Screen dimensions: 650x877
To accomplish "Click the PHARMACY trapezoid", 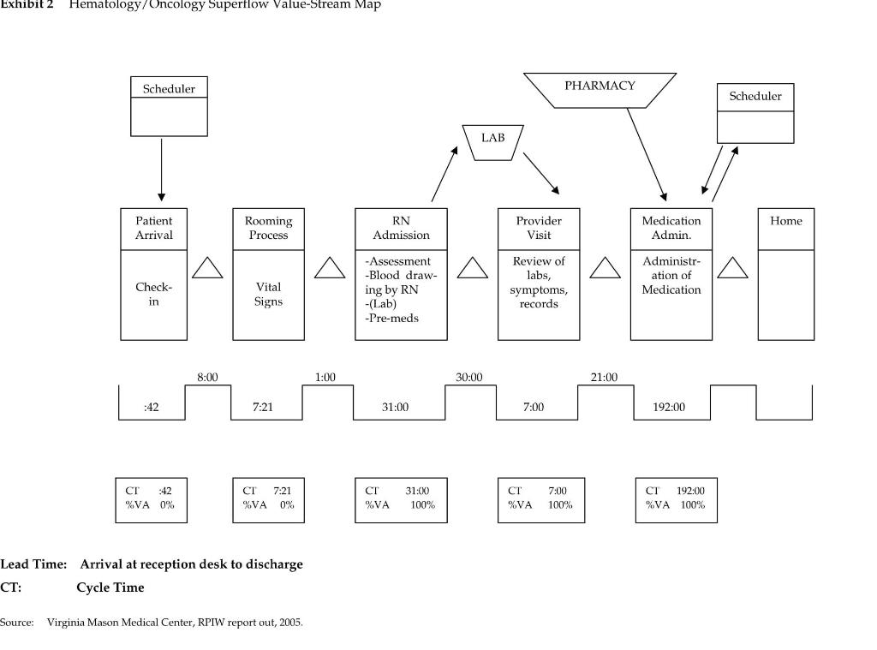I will point(600,89).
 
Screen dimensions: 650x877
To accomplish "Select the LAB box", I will point(492,140).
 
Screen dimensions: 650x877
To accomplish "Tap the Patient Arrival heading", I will point(154,228).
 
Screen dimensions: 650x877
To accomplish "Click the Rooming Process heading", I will point(268,228).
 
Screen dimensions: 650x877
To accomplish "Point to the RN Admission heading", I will point(401,228).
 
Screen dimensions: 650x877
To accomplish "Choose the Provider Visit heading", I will point(539,228).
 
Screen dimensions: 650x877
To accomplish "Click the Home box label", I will point(785,221).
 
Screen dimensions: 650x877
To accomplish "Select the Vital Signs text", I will point(268,294).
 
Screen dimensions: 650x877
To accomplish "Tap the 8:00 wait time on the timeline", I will point(207,377).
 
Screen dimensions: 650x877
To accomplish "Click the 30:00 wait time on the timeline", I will point(468,377).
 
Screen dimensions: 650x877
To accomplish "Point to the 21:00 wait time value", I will point(604,377).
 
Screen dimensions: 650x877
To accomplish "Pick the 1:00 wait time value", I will point(325,377).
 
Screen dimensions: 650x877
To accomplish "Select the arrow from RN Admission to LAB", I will point(445,174).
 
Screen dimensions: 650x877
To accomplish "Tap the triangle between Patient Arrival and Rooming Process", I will point(207,268).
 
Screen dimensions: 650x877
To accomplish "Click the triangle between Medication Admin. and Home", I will point(732,268).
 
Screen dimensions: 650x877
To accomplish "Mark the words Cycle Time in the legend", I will point(110,587).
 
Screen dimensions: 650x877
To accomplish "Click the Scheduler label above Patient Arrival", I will point(169,88).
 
